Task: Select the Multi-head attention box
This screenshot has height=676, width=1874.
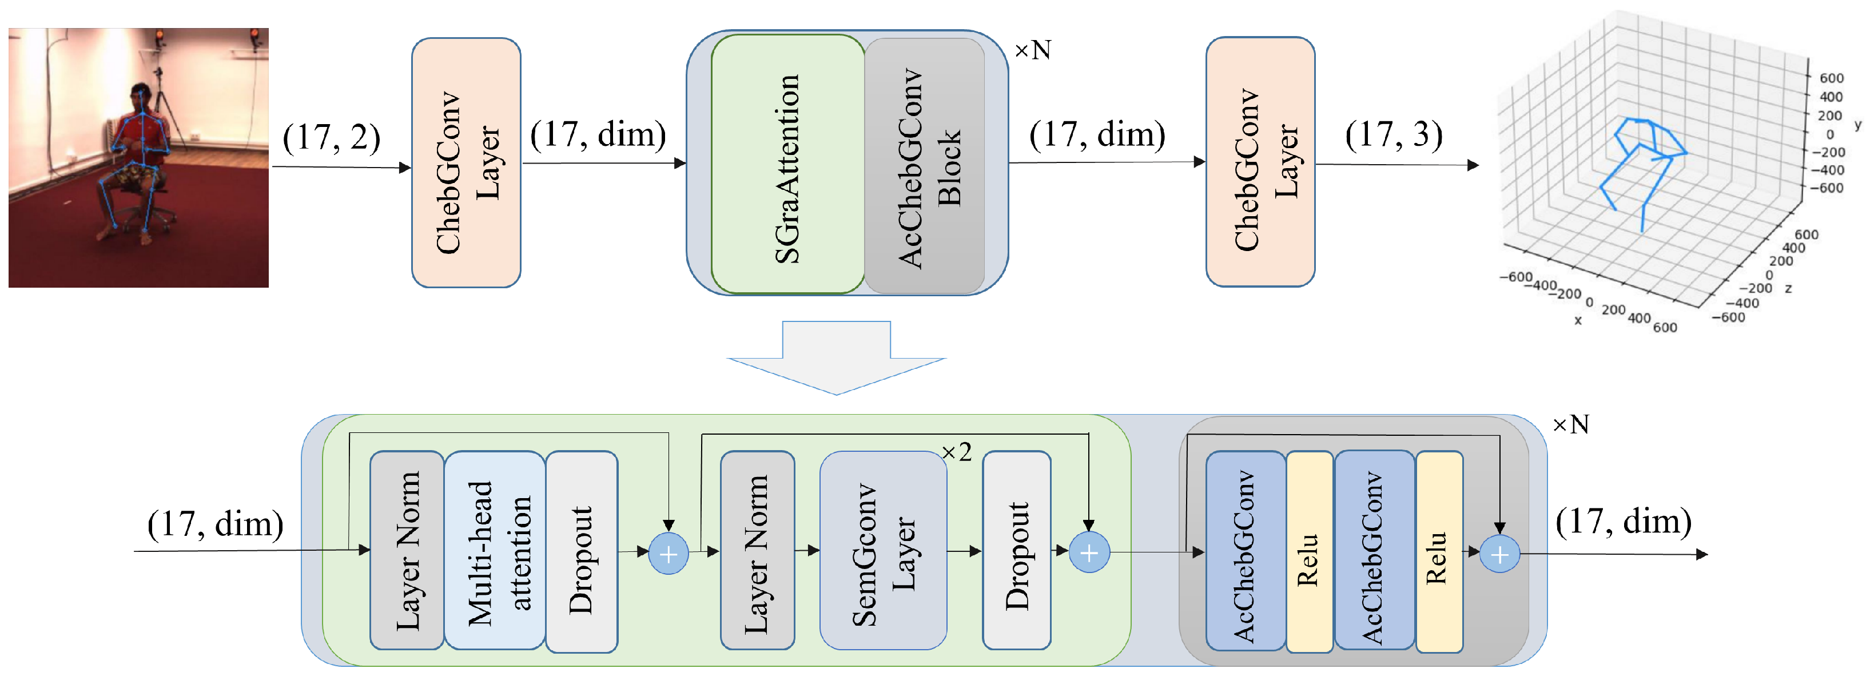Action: point(495,550)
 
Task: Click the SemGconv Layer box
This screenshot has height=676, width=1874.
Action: point(882,550)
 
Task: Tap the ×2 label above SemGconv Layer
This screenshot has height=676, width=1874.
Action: point(957,452)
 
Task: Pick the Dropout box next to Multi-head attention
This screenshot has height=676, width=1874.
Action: point(581,551)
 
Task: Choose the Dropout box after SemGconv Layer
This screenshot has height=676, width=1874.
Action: point(1016,550)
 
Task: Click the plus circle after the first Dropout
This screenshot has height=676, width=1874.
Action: point(668,554)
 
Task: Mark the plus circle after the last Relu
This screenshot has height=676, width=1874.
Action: point(1499,555)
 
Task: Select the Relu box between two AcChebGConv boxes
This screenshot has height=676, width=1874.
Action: point(1309,551)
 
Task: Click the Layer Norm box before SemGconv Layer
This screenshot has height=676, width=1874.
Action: point(757,550)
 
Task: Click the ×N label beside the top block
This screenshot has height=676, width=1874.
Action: point(1032,50)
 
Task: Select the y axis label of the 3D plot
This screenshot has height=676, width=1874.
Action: point(1857,125)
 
